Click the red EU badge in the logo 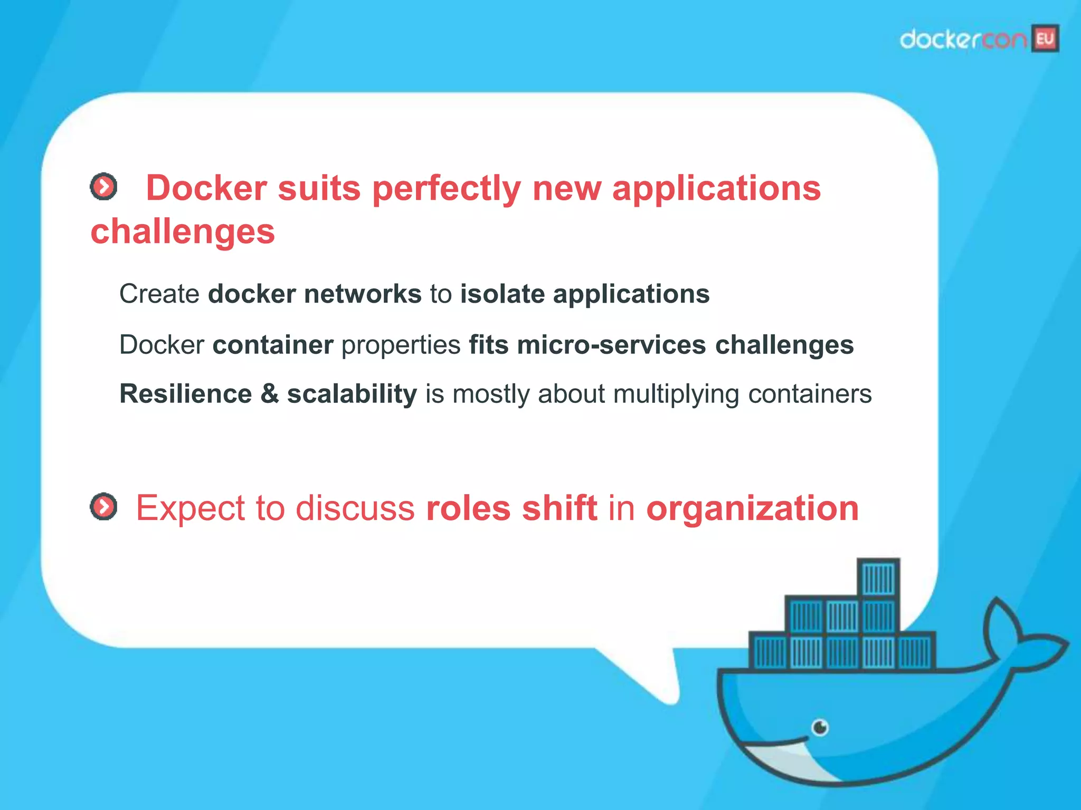(1045, 38)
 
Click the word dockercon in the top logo (963, 40)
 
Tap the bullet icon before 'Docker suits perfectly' (103, 186)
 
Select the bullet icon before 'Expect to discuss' (103, 507)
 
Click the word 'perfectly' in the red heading (447, 189)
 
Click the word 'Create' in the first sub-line (159, 294)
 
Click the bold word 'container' (273, 345)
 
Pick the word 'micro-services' (611, 345)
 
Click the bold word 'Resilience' (186, 394)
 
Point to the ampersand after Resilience (269, 394)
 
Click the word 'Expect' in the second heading (191, 508)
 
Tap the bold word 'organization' (752, 508)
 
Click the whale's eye (820, 728)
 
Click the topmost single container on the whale (878, 578)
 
